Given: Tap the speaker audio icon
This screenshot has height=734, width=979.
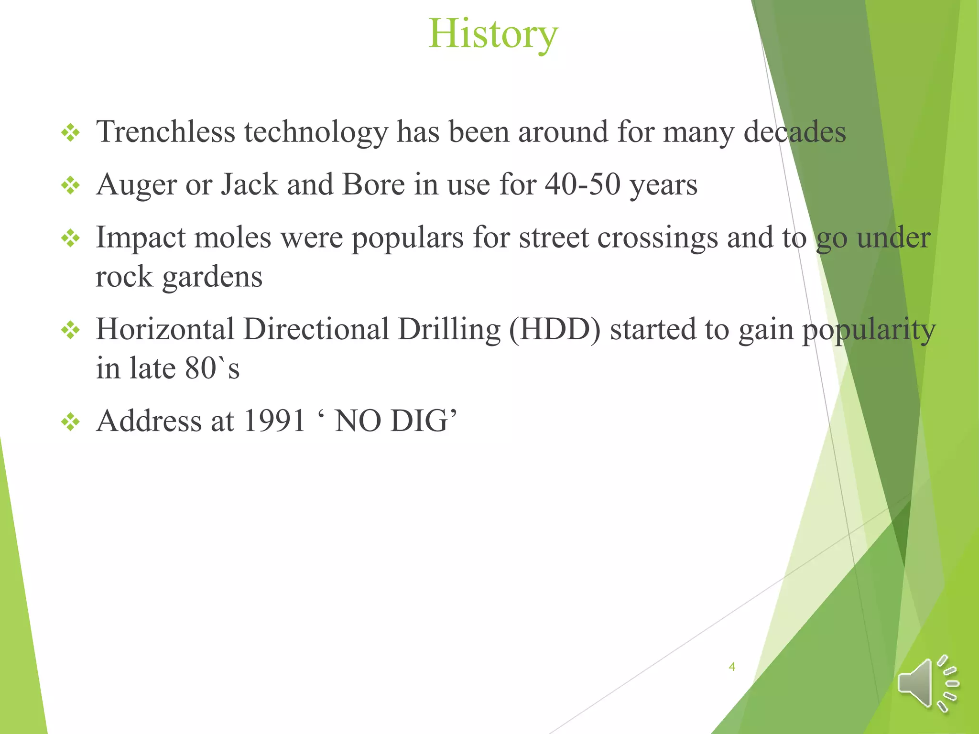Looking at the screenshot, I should (x=927, y=683).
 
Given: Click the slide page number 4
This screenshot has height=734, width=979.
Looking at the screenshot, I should (x=731, y=667).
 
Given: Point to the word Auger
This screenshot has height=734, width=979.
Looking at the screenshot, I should (x=136, y=185).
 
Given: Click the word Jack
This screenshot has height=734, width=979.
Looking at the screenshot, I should (x=249, y=184).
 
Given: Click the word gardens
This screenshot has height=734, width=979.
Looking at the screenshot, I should (x=212, y=277).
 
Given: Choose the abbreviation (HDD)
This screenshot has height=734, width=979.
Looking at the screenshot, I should (x=555, y=330).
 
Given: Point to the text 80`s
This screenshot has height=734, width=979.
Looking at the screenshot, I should (x=212, y=368).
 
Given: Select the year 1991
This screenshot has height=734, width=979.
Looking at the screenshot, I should (x=274, y=421).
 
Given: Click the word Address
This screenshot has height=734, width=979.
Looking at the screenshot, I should (x=149, y=421).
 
